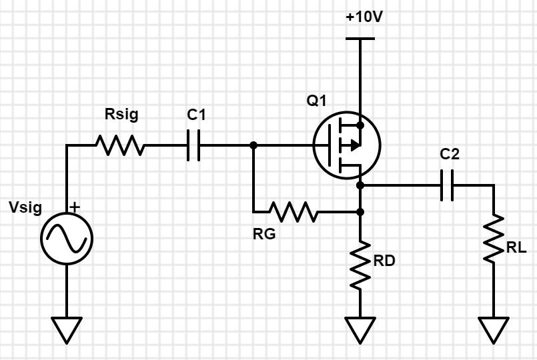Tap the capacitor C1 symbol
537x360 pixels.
point(193,145)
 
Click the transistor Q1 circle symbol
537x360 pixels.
point(346,145)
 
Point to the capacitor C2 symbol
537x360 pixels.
point(448,185)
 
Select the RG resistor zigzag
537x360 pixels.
point(293,213)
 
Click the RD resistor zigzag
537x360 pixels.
point(360,265)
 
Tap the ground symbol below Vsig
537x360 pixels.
point(67,329)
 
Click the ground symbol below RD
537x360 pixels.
point(360,329)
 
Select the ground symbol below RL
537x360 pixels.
point(494,329)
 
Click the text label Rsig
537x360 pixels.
point(121,115)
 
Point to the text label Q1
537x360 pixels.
point(317,101)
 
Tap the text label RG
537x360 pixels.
point(264,234)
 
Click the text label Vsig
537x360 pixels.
point(25,207)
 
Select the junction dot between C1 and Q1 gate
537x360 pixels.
point(253,145)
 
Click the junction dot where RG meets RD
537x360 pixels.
point(360,213)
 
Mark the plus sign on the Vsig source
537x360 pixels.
point(75,207)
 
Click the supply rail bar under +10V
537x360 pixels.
point(360,39)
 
